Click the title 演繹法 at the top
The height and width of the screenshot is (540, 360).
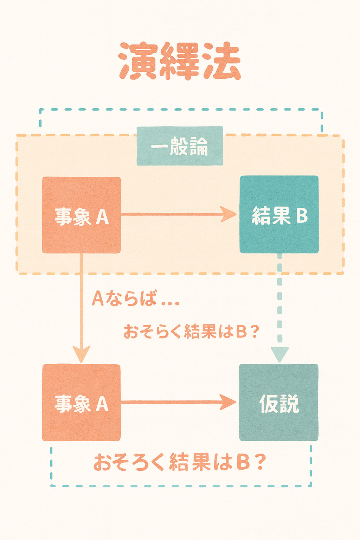180,61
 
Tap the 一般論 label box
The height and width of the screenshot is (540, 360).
180,146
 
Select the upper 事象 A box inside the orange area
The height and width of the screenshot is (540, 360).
81,215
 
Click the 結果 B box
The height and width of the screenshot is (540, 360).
279,214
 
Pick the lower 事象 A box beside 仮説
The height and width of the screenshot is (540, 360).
81,403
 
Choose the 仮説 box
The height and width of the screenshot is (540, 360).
279,403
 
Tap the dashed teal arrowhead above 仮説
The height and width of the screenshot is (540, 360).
280,354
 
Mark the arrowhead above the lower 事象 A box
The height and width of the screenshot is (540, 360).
81,353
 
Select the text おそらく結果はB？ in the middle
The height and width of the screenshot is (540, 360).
191,332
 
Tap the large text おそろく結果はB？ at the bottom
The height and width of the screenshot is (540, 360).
179,462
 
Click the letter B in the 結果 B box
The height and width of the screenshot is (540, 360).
302,216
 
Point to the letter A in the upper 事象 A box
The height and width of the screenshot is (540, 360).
102,217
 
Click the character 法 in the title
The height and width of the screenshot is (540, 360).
221,62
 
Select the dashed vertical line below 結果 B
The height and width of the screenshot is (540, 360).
280,299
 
